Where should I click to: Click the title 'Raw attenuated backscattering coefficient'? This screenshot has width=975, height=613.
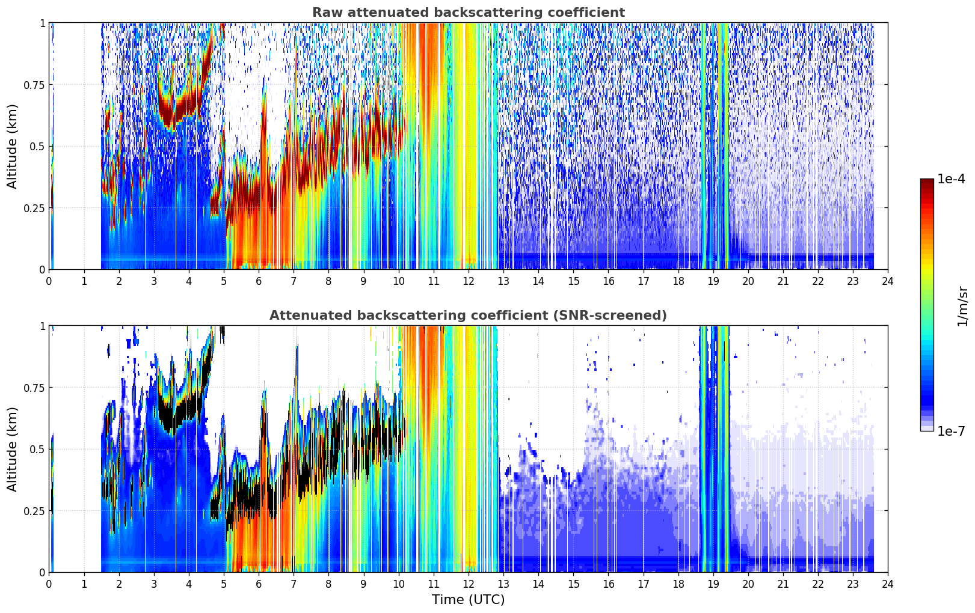click(x=469, y=12)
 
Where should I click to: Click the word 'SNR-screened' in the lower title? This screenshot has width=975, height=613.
click(x=606, y=315)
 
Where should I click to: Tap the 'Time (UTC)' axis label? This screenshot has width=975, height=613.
click(x=469, y=600)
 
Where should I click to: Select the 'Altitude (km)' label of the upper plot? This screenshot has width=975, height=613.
click(x=12, y=147)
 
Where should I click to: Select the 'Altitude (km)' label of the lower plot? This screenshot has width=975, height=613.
click(x=12, y=450)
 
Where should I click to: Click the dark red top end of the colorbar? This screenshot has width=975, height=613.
click(x=927, y=181)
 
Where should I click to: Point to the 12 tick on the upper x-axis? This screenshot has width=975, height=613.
click(x=469, y=281)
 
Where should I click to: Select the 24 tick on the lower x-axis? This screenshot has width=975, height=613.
click(x=888, y=584)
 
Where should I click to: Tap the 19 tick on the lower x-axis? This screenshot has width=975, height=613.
click(x=713, y=584)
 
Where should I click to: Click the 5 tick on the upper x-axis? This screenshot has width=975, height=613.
click(x=224, y=281)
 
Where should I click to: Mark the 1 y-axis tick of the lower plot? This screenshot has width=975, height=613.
click(x=43, y=326)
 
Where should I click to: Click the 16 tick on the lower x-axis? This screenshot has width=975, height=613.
click(x=608, y=584)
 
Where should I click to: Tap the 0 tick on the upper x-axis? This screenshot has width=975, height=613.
click(x=49, y=281)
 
